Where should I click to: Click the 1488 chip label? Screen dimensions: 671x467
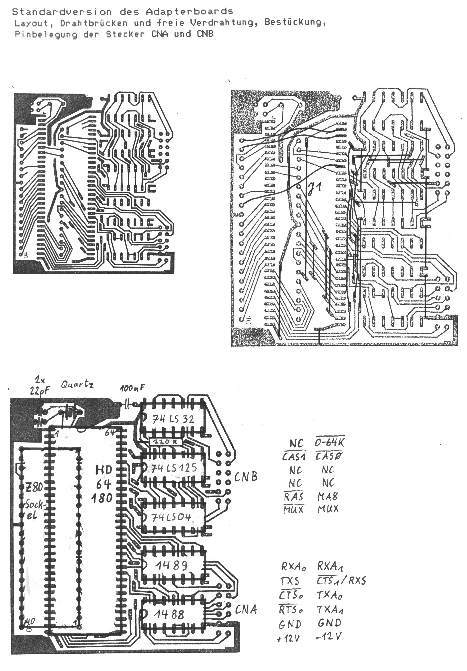click(x=169, y=615)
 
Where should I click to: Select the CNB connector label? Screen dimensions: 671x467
click(x=246, y=477)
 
